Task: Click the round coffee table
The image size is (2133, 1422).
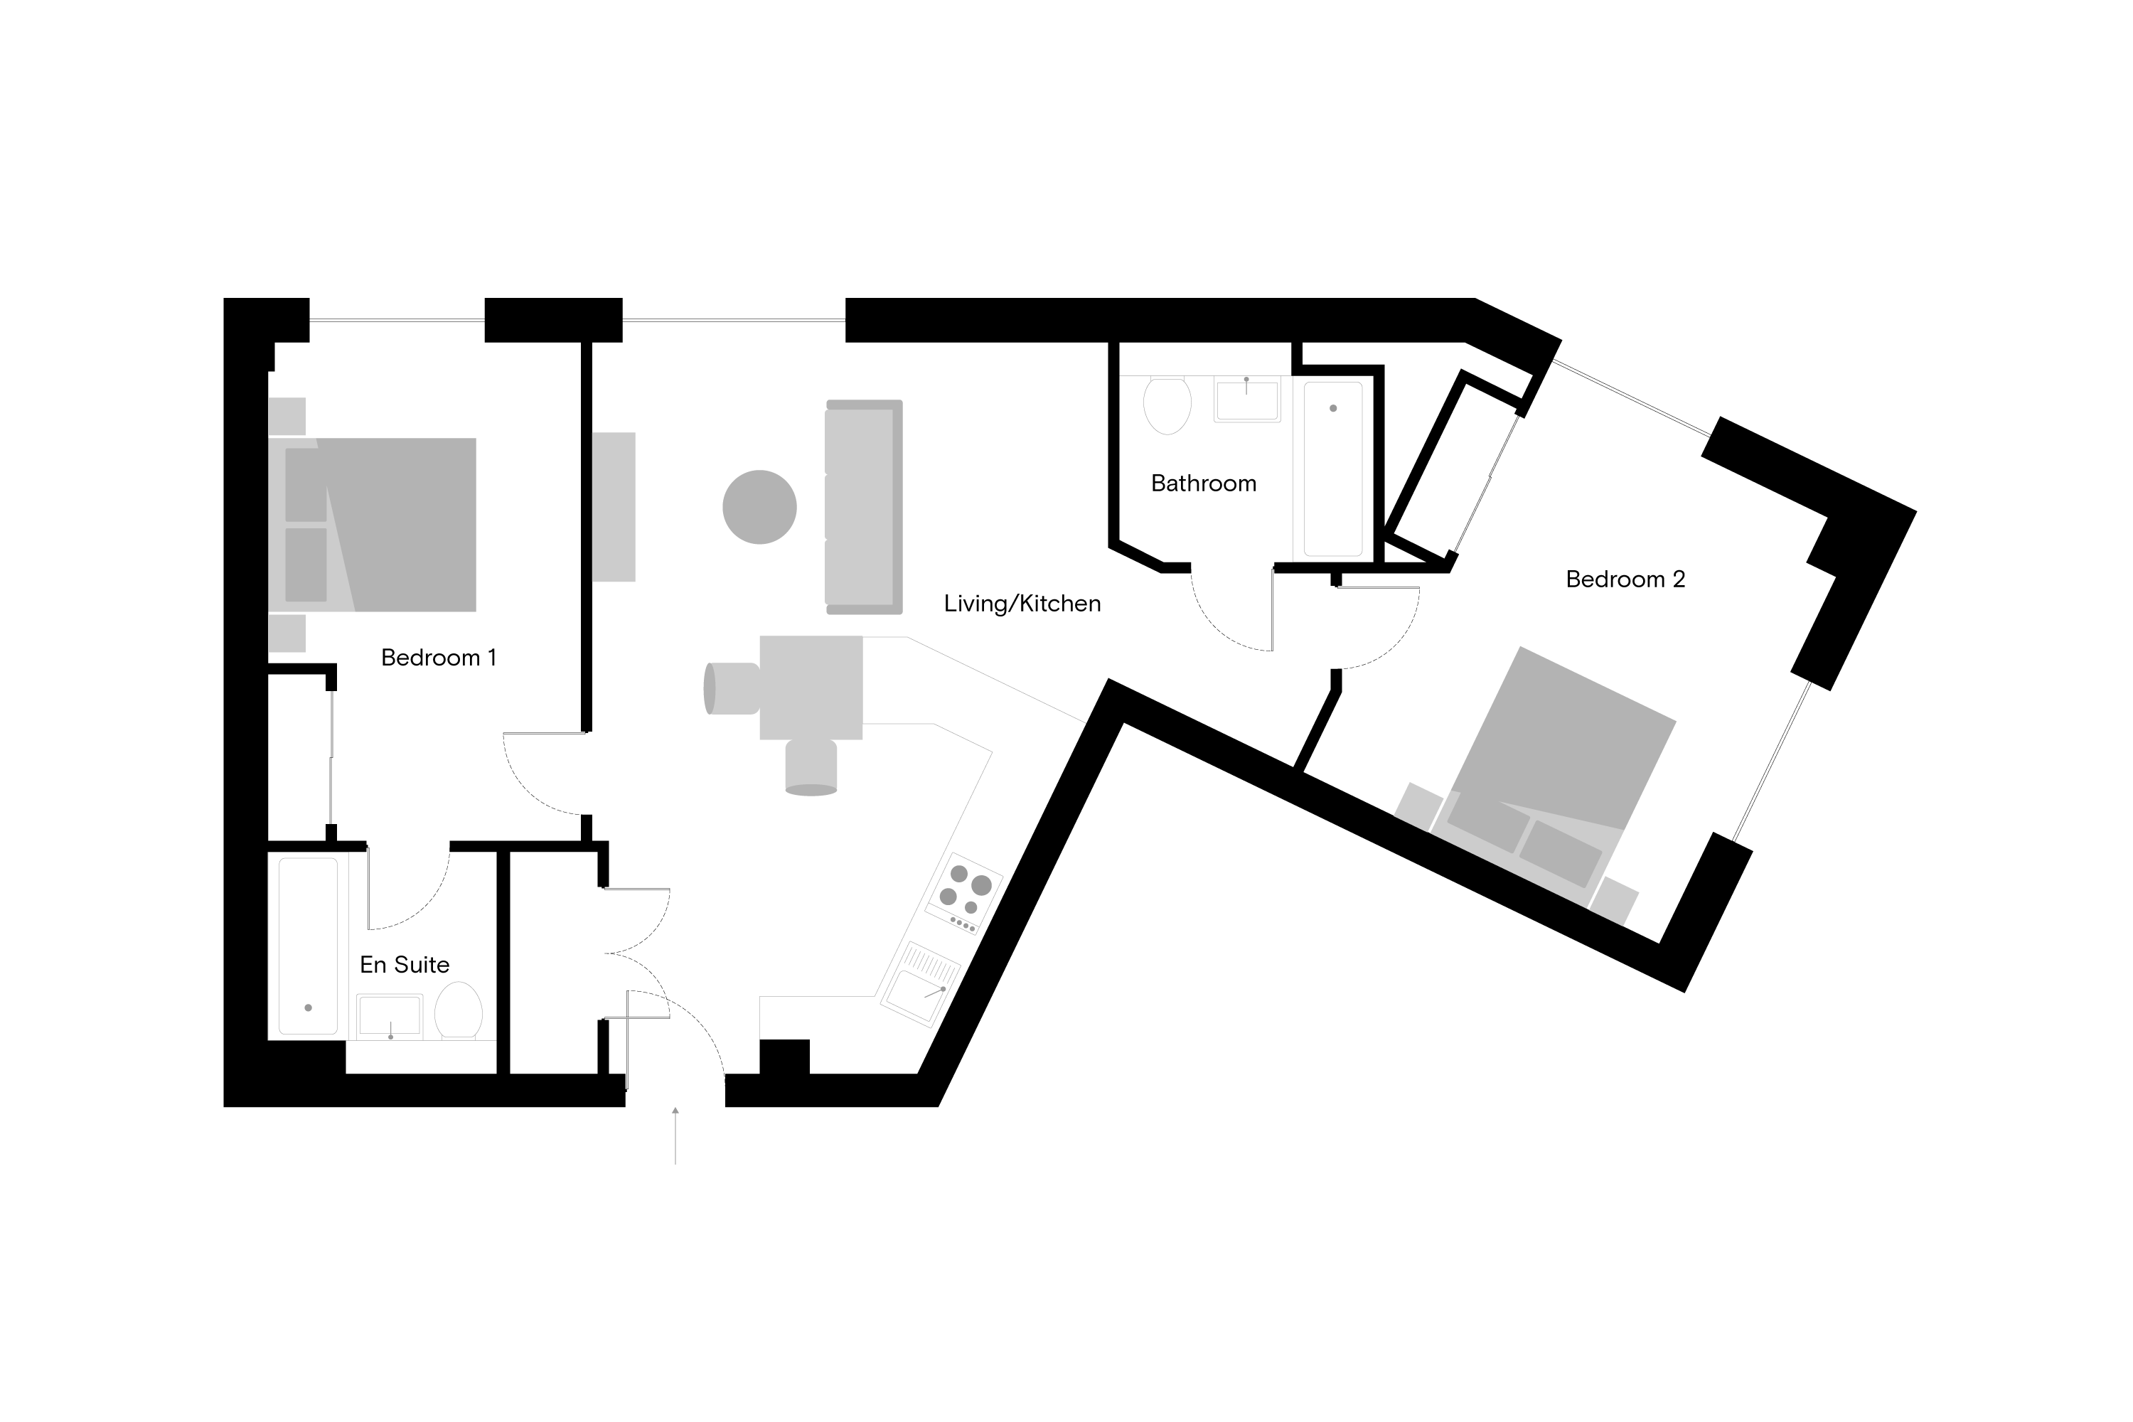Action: (759, 507)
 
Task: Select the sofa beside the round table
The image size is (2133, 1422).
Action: (862, 507)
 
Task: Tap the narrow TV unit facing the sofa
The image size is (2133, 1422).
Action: (613, 507)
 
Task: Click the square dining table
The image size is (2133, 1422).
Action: (811, 688)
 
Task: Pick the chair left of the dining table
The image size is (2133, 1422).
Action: (732, 688)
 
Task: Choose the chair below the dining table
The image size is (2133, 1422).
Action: (811, 766)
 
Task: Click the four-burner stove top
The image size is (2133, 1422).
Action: (964, 892)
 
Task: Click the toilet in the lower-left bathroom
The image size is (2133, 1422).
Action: (458, 1010)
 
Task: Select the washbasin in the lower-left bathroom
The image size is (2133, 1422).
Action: (389, 1017)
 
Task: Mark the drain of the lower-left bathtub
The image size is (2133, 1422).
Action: (309, 1007)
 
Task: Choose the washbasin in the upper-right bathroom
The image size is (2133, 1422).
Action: (1247, 400)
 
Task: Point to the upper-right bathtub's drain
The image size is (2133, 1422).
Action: (1333, 408)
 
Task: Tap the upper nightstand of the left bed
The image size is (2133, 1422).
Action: (287, 416)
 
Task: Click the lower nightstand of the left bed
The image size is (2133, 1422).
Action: (287, 633)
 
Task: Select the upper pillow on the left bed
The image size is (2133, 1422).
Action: (306, 485)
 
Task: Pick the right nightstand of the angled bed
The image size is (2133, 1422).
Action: (1613, 901)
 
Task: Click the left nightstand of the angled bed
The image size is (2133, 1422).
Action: (1418, 806)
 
